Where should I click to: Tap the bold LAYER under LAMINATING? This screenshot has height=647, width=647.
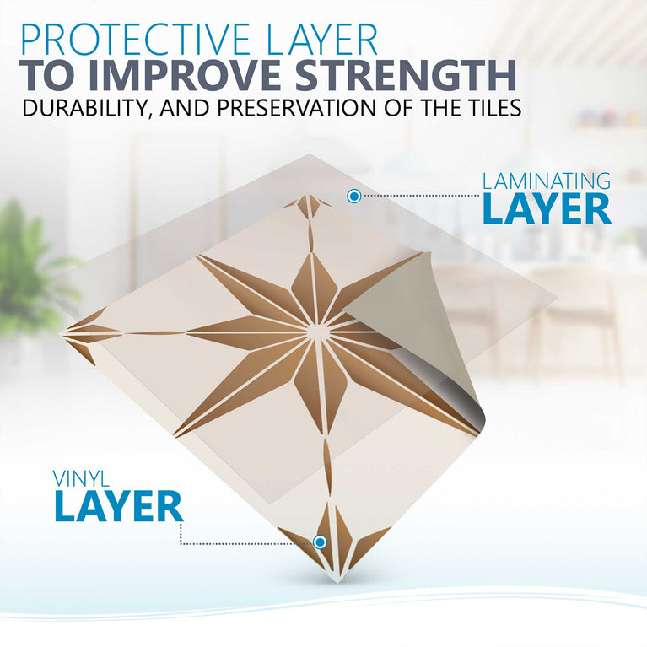(546, 210)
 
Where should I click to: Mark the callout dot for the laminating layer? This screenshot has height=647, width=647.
(354, 196)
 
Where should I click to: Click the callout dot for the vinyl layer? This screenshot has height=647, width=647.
(320, 542)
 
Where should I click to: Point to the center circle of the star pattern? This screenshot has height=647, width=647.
(319, 332)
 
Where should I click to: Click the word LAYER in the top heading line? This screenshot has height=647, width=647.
(320, 40)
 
